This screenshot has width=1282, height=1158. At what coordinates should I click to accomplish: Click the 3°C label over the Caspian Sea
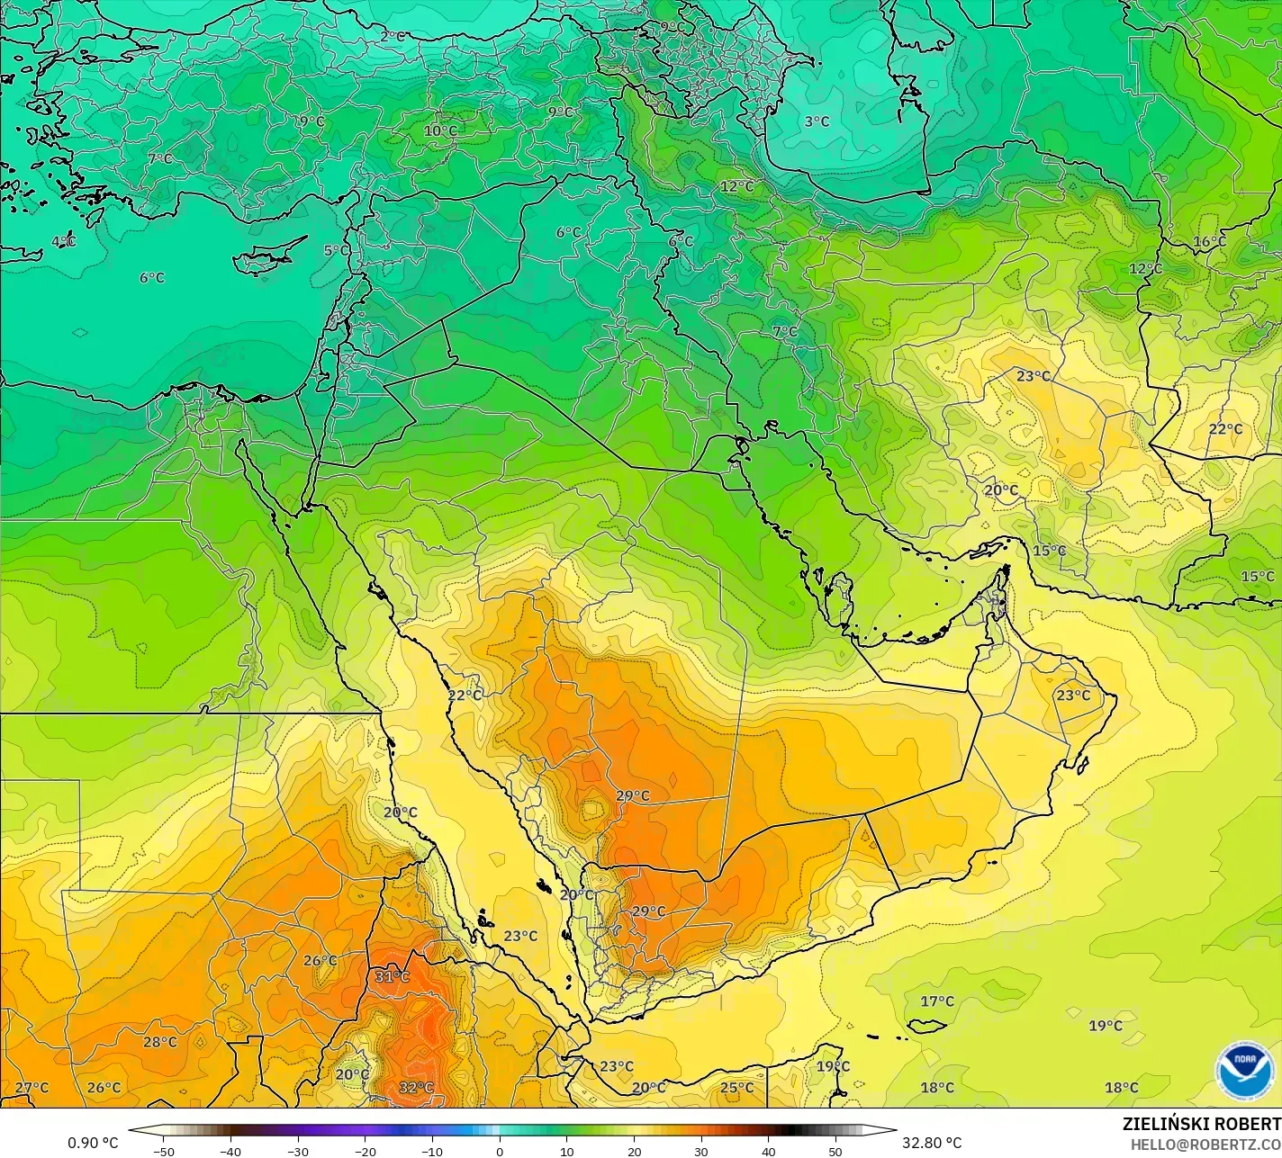point(817,121)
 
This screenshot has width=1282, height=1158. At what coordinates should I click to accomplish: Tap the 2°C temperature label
point(392,37)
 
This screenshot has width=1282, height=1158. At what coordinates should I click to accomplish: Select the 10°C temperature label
point(440,130)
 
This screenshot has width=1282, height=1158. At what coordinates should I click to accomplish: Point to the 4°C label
point(63,241)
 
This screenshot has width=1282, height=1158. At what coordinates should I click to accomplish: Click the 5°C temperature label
point(336,251)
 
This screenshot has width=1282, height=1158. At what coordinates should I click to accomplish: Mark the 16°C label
point(1209,241)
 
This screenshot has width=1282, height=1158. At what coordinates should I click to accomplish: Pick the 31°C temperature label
point(392,977)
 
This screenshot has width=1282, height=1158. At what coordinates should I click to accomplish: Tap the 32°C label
point(416,1087)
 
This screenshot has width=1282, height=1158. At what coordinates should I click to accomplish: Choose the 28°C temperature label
point(160,1042)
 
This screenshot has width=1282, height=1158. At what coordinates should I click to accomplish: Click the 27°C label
point(32,1087)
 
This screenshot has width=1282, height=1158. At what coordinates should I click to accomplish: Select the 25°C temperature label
point(736,1087)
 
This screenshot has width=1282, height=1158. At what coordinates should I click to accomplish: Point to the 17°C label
point(936,1001)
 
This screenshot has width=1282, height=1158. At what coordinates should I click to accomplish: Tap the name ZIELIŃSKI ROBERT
point(1201,1124)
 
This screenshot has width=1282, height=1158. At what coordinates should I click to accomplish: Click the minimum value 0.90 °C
point(93,1143)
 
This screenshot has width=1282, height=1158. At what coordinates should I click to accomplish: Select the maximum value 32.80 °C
point(932,1143)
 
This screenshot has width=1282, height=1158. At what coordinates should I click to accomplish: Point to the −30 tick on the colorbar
point(298,1151)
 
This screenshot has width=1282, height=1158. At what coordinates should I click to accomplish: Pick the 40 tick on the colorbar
point(768,1151)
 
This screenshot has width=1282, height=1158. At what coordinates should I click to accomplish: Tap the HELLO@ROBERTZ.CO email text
point(1205,1144)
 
